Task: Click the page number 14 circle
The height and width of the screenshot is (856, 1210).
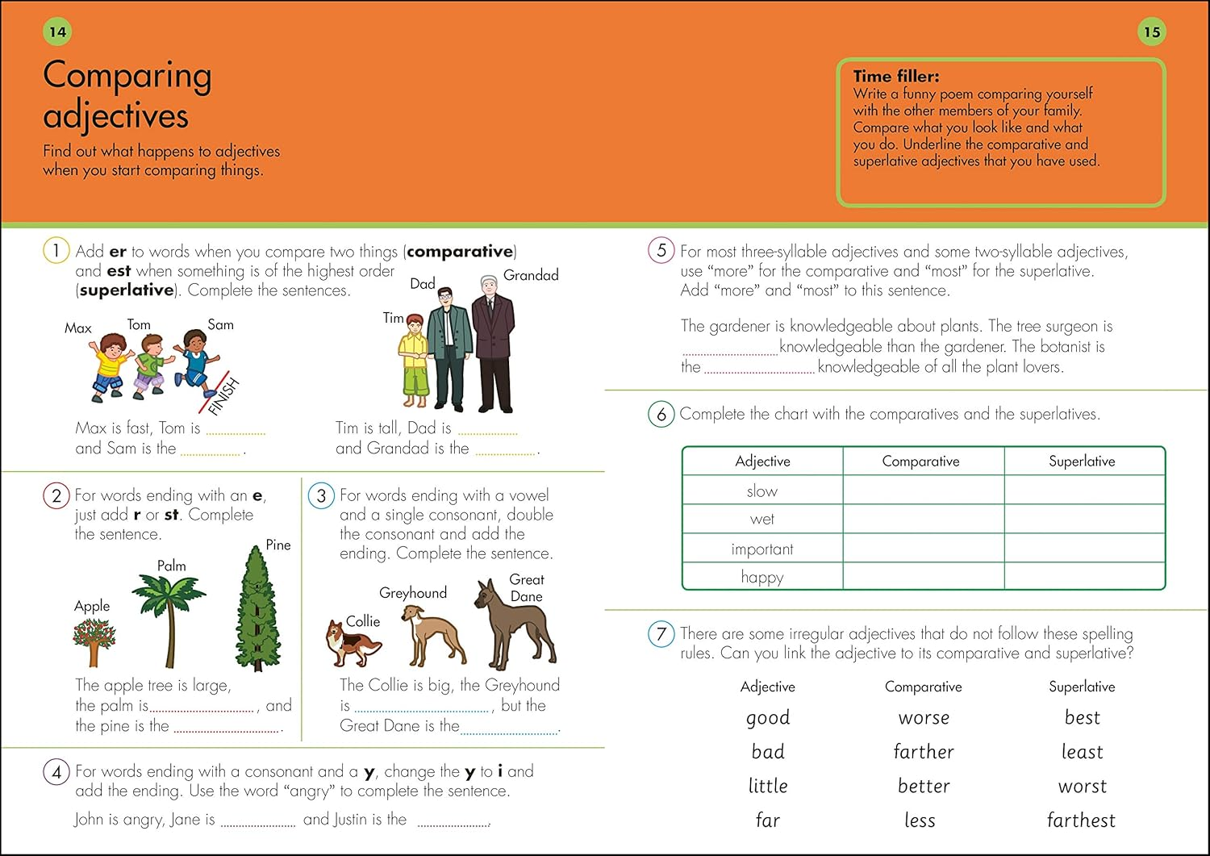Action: [57, 32]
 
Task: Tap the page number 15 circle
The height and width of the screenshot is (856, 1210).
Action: [1151, 32]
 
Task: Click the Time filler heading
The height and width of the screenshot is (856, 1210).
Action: [895, 77]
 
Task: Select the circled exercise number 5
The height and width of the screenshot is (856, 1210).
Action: [661, 250]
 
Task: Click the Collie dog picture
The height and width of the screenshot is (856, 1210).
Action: [353, 644]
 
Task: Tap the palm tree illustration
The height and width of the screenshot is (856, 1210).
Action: [170, 618]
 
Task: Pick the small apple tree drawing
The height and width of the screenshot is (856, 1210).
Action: [94, 642]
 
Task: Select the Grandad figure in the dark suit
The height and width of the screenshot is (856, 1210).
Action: [492, 343]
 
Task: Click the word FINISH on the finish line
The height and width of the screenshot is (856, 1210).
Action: [223, 396]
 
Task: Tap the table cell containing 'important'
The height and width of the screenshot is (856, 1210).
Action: [761, 549]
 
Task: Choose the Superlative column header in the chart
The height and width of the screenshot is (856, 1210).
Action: [1082, 461]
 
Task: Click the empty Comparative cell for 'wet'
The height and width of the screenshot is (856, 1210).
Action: [923, 519]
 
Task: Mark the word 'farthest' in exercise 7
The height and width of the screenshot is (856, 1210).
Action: [1081, 821]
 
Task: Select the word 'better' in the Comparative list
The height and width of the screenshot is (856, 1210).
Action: [924, 786]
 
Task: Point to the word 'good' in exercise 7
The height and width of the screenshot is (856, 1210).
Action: [768, 717]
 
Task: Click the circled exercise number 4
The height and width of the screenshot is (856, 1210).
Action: [56, 772]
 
